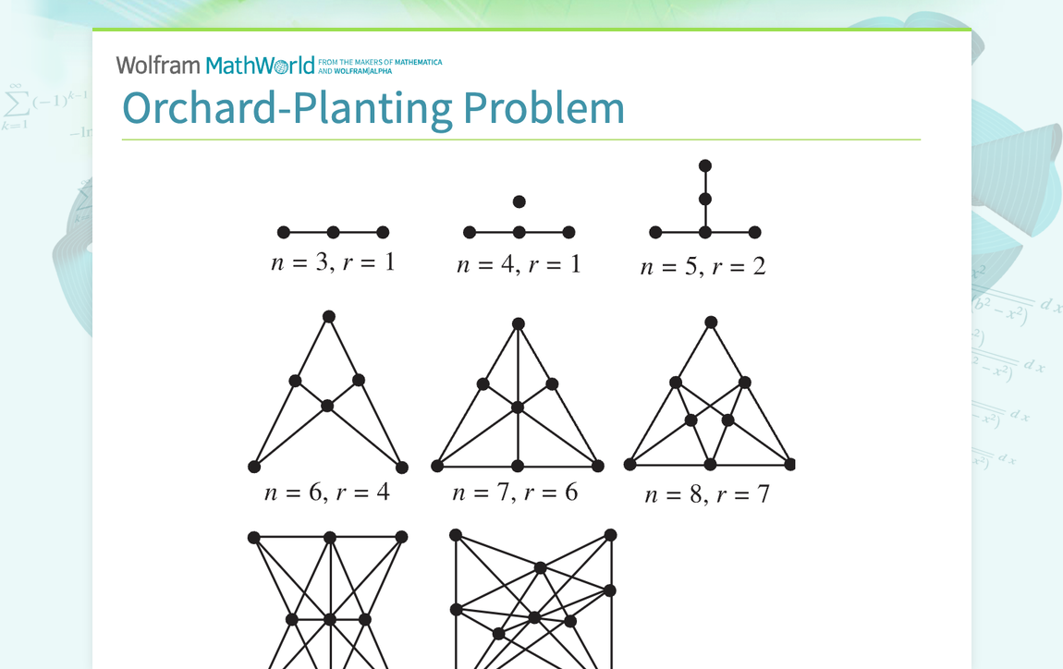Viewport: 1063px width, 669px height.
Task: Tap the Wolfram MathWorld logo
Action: pos(215,65)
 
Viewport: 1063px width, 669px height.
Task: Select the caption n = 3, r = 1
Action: pos(333,262)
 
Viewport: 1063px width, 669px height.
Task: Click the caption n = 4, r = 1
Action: pos(519,264)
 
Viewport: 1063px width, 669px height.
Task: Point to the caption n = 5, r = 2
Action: pos(703,267)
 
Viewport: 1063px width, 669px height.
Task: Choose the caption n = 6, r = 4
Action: pos(327,492)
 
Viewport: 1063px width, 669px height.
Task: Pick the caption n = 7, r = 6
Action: pos(515,493)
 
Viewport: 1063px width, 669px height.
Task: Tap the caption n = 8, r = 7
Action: pos(707,494)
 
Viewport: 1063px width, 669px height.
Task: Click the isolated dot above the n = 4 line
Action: pos(519,201)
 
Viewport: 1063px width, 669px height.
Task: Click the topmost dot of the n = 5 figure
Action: pos(705,166)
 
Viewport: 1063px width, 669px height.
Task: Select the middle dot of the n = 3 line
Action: pos(334,233)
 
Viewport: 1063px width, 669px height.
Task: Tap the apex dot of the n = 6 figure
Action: pos(328,317)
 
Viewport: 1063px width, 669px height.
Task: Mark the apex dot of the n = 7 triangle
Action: pos(519,324)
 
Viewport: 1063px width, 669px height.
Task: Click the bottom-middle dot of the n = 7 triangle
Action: pos(518,466)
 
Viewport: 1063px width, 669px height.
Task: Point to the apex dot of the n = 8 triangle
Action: pos(711,322)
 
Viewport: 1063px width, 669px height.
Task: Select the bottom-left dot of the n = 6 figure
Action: pos(254,467)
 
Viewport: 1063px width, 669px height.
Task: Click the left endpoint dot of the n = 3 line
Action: pos(284,233)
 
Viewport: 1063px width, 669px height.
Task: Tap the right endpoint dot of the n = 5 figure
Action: pos(755,233)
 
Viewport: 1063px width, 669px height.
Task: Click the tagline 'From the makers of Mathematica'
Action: pos(381,63)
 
